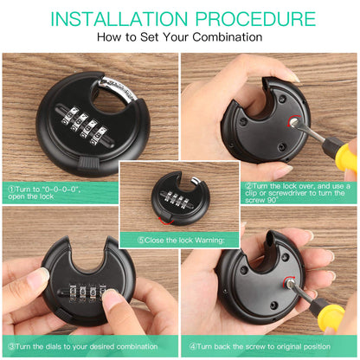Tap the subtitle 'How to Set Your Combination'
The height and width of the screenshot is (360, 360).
[179, 38]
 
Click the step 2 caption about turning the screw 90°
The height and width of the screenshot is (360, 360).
[299, 191]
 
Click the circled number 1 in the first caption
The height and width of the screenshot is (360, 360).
[11, 186]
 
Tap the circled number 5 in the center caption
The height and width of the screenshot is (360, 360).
[142, 240]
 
